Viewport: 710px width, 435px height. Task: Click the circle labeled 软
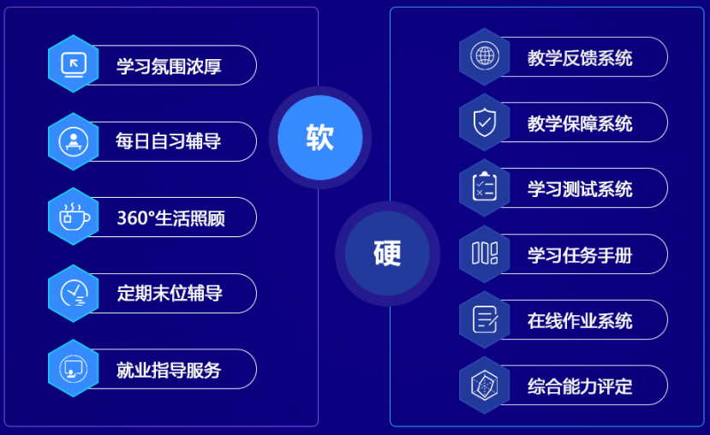[319, 138]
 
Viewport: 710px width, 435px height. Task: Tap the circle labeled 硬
[387, 253]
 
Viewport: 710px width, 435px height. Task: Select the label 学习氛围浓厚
[169, 66]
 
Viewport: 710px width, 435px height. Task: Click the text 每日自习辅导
[168, 141]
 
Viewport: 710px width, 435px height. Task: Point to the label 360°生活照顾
[170, 217]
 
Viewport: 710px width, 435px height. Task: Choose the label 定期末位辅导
[170, 294]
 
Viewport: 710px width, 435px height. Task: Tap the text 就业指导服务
[169, 370]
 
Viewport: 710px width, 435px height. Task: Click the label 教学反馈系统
[580, 57]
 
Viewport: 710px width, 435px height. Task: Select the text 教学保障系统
[580, 123]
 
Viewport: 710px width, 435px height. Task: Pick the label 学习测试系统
[580, 188]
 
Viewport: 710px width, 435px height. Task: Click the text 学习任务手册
[580, 254]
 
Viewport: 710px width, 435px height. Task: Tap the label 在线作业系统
[580, 320]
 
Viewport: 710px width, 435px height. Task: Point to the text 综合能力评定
[580, 386]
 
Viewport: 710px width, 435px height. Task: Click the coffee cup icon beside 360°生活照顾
[74, 217]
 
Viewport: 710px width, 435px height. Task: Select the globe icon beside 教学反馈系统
[485, 57]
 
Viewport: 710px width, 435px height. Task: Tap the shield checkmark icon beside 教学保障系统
[485, 122]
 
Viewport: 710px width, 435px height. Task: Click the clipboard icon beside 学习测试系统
[485, 188]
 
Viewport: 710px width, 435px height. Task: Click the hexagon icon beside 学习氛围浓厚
[74, 64]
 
